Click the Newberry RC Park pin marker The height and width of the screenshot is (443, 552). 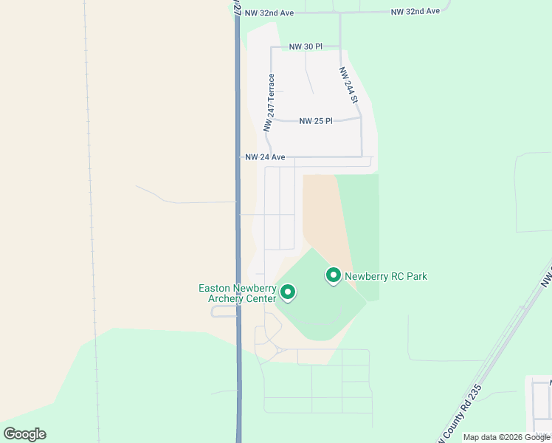click(333, 275)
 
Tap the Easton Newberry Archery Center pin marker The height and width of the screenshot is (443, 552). click(288, 293)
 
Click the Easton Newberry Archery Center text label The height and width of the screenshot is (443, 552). click(238, 293)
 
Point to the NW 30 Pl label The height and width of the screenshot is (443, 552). click(306, 47)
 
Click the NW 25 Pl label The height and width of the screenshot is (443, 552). click(316, 121)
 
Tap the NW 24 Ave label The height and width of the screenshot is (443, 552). click(265, 157)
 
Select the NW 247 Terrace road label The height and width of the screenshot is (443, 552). click(271, 103)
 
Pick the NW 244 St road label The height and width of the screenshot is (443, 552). click(348, 85)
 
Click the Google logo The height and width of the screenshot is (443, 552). click(24, 434)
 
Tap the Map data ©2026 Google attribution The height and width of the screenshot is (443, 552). click(506, 437)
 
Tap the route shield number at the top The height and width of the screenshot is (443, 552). click(238, 9)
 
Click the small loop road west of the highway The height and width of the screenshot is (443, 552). click(224, 311)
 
